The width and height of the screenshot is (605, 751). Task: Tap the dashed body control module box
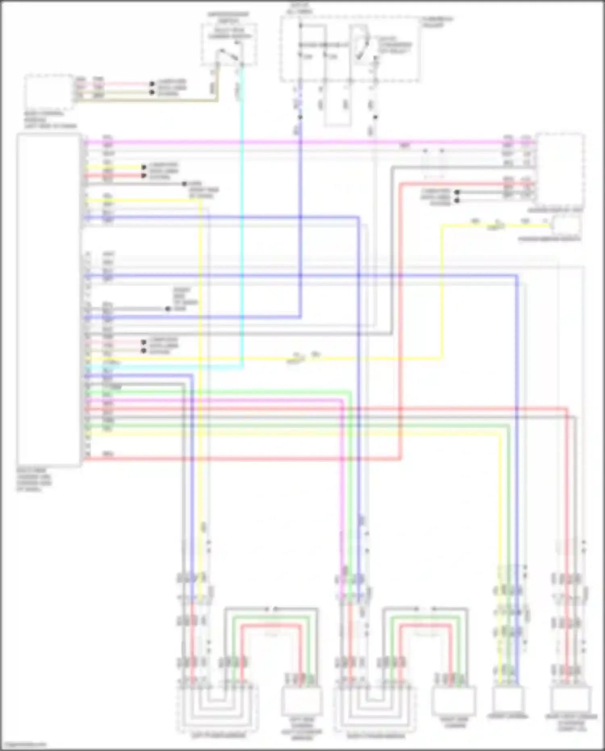49,92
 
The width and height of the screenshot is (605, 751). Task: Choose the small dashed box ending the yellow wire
566,226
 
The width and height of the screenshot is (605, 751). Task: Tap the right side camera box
453,700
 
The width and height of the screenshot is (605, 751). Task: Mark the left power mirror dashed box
218,709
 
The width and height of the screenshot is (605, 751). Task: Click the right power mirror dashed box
375,709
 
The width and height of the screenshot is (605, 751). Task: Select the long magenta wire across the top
282,142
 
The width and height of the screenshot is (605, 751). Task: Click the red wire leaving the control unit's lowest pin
242,459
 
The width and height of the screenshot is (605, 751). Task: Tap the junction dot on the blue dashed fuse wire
300,117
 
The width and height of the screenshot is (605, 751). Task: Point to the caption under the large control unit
34,480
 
